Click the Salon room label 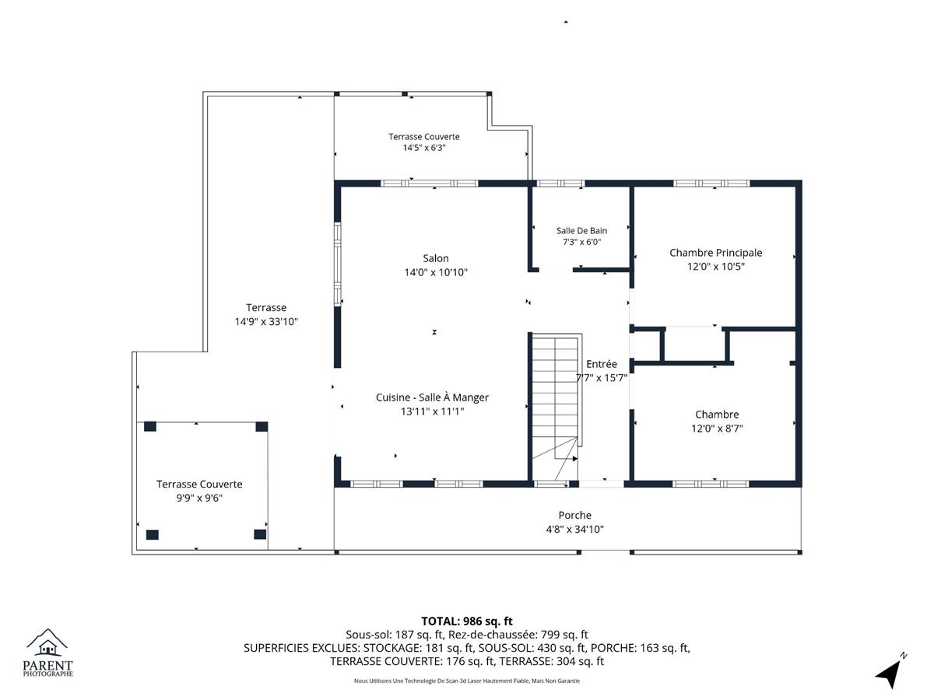435,258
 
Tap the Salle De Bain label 581,230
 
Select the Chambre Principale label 715,253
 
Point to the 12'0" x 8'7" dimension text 717,428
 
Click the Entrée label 601,364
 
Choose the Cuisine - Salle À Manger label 432,397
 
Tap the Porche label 574,515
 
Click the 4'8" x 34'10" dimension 574,529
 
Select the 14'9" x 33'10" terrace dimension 266,321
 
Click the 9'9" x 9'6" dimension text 199,498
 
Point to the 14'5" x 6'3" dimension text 424,148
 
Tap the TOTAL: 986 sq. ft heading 467,621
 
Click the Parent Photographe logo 47,653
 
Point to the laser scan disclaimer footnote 467,681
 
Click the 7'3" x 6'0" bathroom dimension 581,242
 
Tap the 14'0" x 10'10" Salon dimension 435,272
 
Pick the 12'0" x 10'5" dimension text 716,267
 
